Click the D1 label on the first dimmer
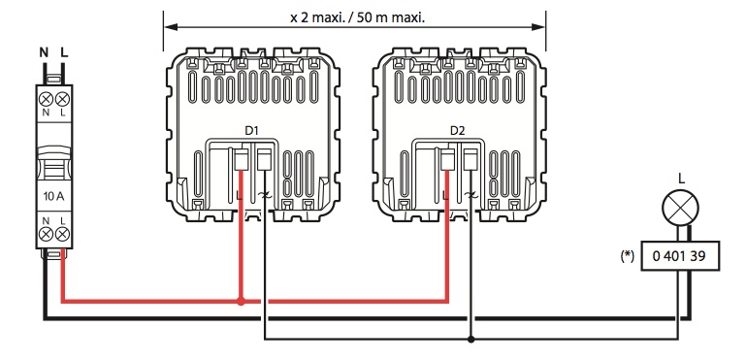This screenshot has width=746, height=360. click(x=251, y=130)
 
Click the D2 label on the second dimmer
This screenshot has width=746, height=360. click(x=457, y=130)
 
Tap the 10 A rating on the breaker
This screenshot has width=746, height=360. click(x=53, y=196)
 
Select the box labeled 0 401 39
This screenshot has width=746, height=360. click(x=680, y=256)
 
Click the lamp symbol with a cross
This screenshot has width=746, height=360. click(x=680, y=208)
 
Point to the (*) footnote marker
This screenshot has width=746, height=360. click(x=628, y=256)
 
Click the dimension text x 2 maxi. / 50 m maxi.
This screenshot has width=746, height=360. click(x=357, y=18)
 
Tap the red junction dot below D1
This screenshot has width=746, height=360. click(x=241, y=302)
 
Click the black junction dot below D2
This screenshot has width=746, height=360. click(x=471, y=340)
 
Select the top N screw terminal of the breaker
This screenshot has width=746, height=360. click(x=47, y=99)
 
